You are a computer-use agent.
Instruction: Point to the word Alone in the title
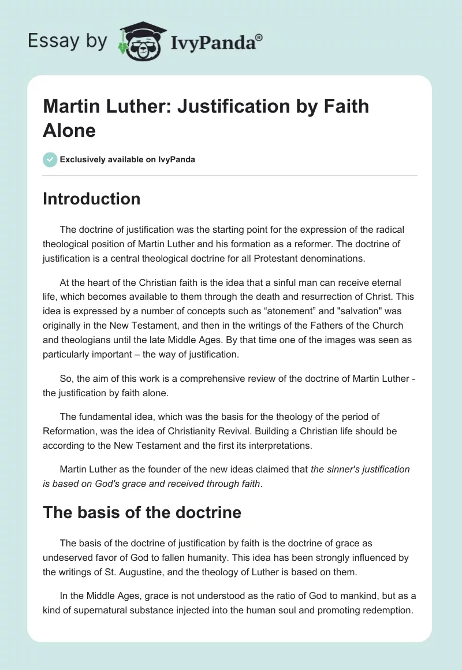click(69, 130)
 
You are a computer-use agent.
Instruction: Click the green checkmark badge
click(50, 159)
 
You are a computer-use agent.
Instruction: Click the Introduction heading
click(91, 199)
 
